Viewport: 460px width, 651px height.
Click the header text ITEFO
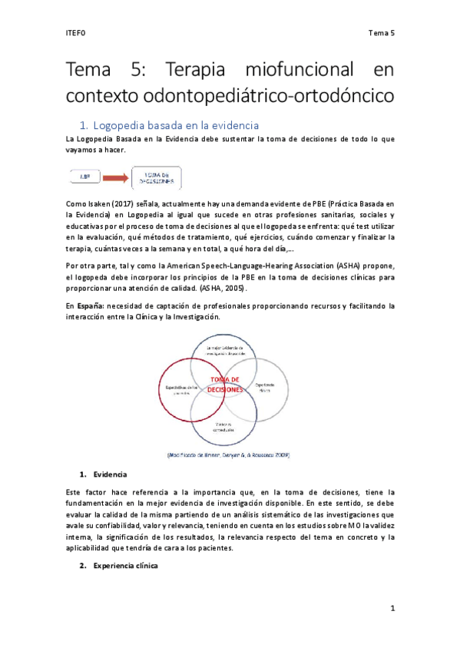76,33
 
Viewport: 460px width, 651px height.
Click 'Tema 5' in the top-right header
381,33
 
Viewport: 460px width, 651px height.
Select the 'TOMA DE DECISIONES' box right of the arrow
157,178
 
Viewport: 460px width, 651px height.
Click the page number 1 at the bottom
392,608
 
